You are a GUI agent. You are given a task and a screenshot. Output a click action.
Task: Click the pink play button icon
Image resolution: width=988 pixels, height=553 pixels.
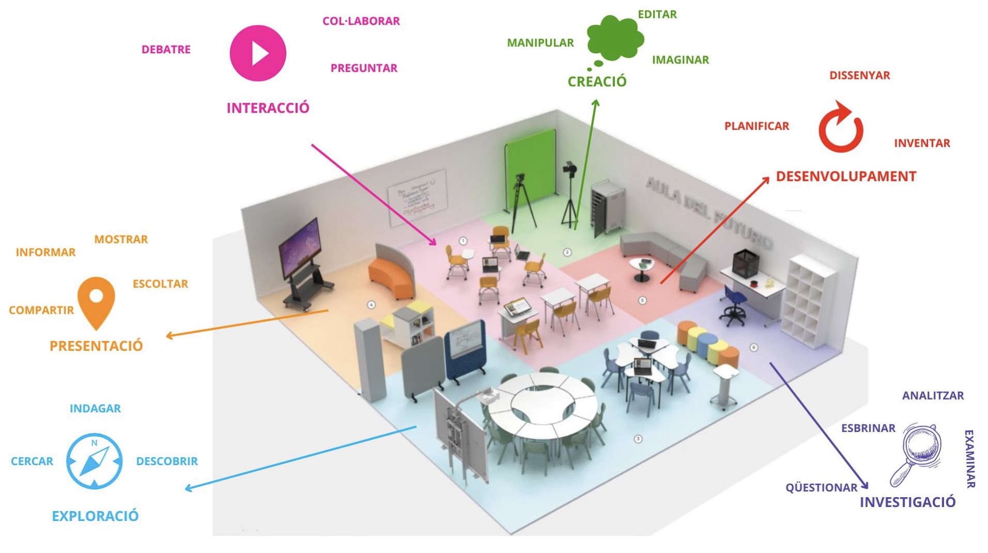click(257, 53)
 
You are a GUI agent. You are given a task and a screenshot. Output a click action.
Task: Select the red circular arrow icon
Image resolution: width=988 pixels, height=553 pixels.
click(840, 128)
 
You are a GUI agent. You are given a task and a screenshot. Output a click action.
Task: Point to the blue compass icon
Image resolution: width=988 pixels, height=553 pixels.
click(94, 461)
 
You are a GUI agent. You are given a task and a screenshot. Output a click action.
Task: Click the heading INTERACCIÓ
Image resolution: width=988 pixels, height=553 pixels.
click(268, 108)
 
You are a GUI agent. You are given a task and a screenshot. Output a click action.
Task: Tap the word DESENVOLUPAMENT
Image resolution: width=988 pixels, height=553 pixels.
click(846, 177)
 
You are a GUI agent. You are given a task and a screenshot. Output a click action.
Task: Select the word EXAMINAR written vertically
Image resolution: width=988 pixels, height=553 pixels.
click(969, 458)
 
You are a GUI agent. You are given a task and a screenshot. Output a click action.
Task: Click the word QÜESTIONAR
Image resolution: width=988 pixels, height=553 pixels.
click(821, 488)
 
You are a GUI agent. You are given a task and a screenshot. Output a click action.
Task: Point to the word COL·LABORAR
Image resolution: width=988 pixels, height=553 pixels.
click(361, 21)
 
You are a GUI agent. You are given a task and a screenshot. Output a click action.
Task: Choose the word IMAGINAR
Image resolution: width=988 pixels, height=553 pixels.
click(680, 60)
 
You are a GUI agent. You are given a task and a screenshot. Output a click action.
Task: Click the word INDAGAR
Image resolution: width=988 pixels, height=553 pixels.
click(95, 408)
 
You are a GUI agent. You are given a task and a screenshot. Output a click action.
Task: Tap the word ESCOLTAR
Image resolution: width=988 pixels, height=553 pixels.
click(160, 284)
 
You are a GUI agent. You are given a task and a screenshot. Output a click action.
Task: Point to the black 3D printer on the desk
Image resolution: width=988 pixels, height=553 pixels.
click(745, 263)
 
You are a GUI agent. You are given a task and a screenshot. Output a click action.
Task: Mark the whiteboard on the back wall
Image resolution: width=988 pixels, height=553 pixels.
click(418, 196)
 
